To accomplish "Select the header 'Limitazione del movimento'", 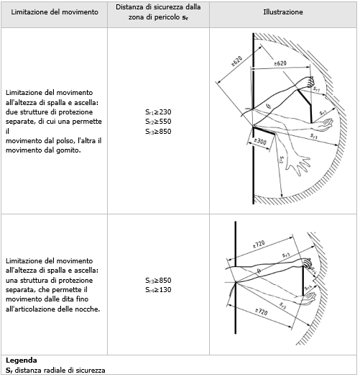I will tap(53, 12).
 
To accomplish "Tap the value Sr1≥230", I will tap(157, 112).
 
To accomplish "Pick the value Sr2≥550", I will tap(157, 122).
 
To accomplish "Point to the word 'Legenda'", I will tap(21, 358).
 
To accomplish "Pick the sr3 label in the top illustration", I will tap(315, 134).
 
